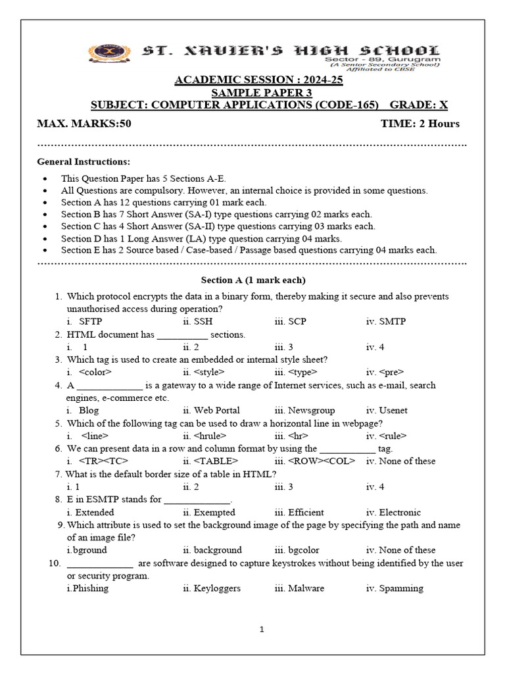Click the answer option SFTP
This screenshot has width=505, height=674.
pyautogui.click(x=90, y=322)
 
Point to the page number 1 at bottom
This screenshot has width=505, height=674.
pyautogui.click(x=261, y=629)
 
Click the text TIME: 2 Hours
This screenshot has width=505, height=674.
pyautogui.click(x=420, y=124)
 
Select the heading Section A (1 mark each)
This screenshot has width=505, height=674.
pyautogui.click(x=253, y=280)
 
